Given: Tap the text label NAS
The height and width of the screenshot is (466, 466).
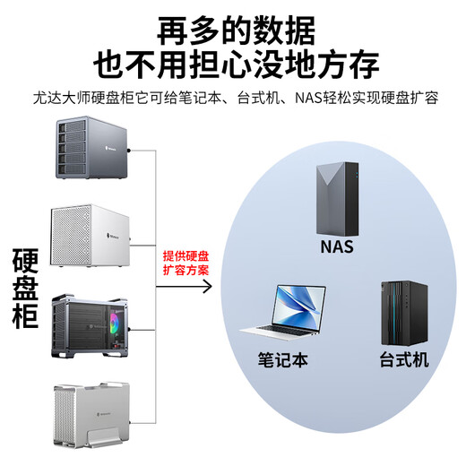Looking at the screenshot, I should click(x=336, y=246).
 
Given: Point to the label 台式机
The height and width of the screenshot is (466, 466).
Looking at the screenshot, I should click(x=401, y=360).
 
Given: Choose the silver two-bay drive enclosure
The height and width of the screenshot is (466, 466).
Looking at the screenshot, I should click(x=91, y=417).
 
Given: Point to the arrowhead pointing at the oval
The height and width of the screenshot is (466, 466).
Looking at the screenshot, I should click(x=208, y=287).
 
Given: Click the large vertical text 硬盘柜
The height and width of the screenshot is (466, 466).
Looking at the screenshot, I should click(x=26, y=289).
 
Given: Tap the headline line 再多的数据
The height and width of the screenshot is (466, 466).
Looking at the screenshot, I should click(x=237, y=30).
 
